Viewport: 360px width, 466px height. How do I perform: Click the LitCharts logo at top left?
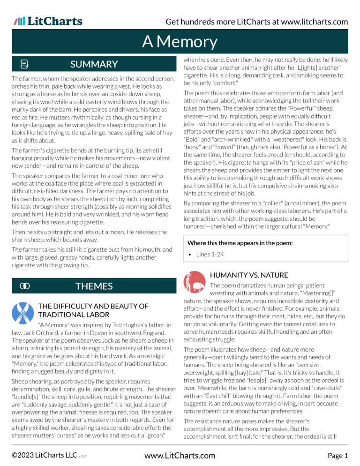click(48, 21)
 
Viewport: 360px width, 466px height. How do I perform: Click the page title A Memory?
click(180, 42)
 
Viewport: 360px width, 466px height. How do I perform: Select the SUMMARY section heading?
click(94, 64)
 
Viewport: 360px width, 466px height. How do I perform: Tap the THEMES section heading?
click(94, 286)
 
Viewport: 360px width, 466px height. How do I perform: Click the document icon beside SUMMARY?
click(24, 64)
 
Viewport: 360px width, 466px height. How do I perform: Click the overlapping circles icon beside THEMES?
click(24, 286)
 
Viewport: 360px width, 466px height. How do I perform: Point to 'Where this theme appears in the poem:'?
click(240, 243)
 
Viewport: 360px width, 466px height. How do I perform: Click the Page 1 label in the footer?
click(337, 455)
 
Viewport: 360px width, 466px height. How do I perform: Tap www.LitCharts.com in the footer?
click(180, 455)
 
